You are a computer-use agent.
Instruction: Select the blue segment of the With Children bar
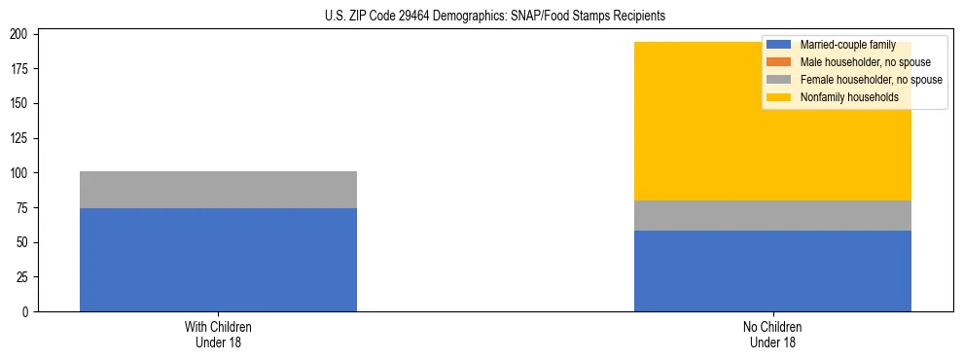218,260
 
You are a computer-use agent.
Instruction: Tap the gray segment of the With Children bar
218,190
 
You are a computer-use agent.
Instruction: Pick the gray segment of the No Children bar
772,215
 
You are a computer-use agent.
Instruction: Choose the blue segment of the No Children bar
772,270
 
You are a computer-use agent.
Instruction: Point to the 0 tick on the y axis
29,312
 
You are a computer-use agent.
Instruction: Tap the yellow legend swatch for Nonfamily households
779,97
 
